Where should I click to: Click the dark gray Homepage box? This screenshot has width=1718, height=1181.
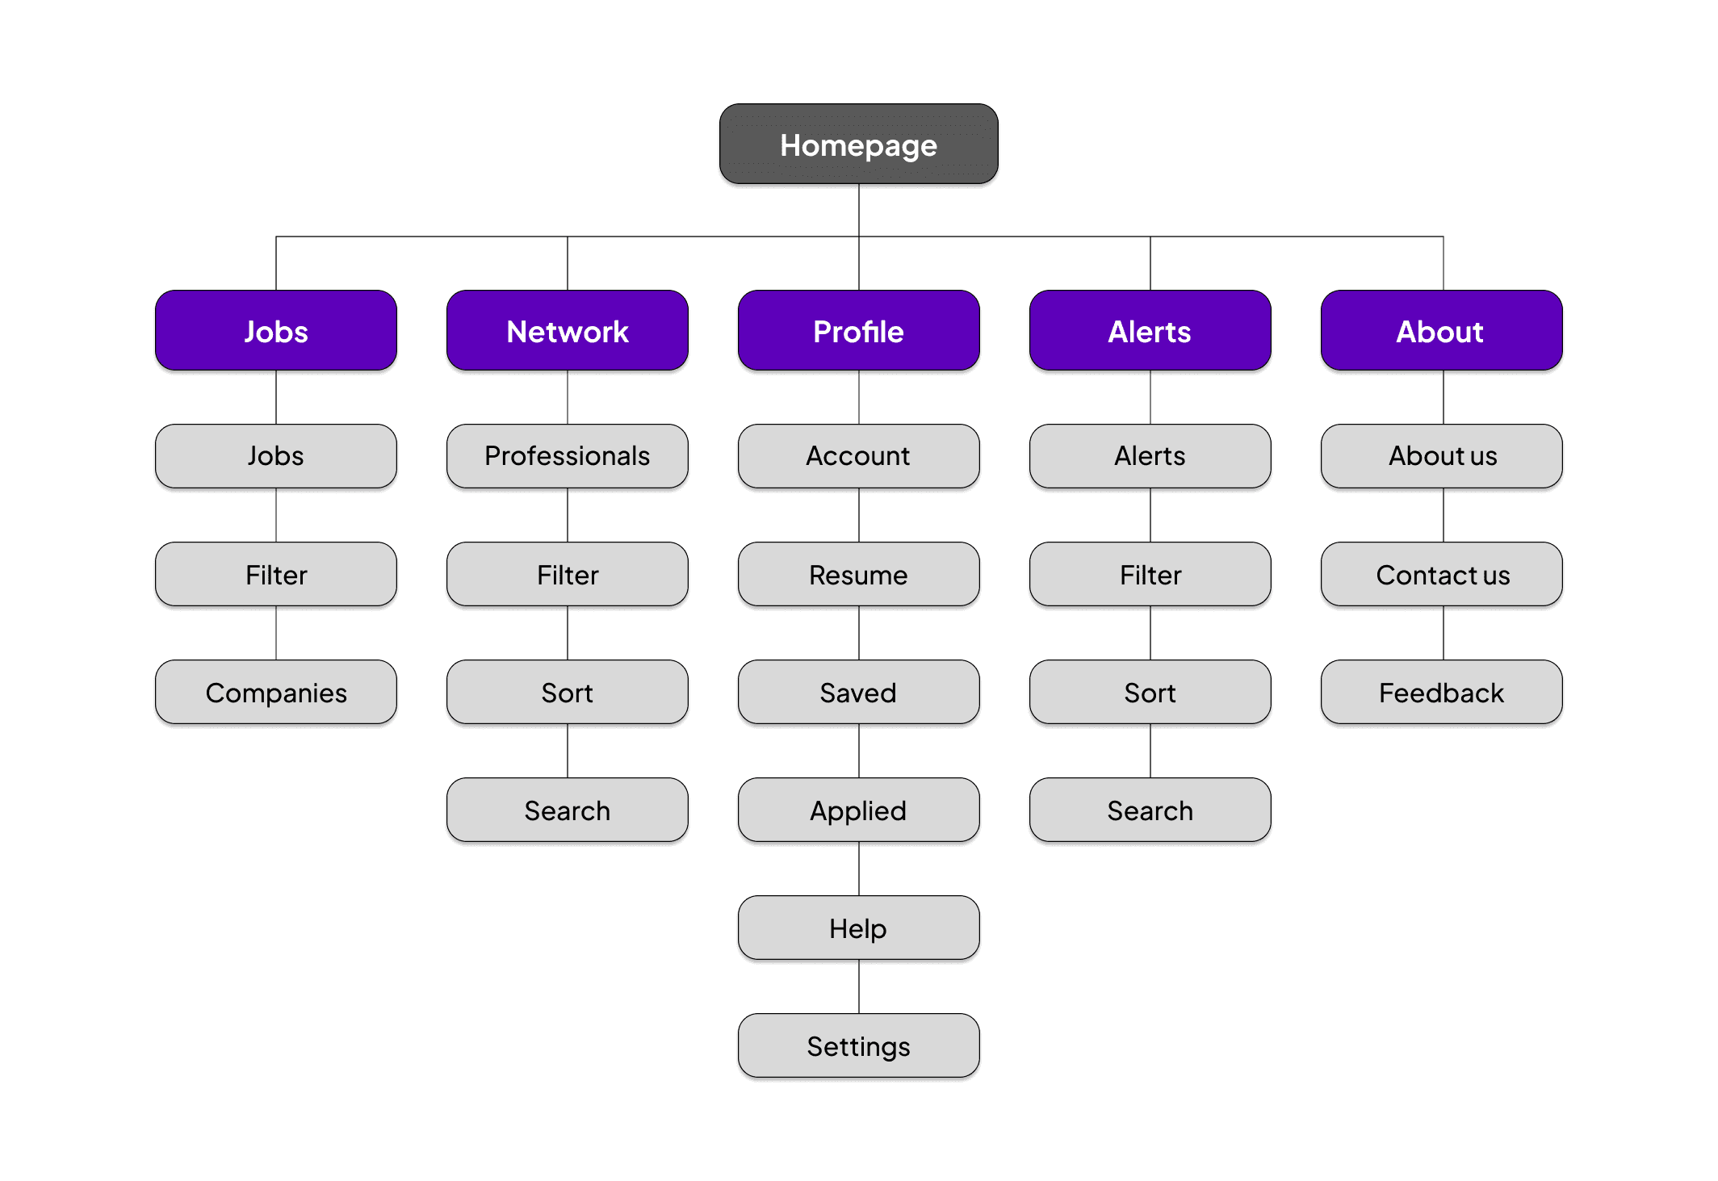[858, 144]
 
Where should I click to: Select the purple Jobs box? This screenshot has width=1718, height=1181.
[276, 331]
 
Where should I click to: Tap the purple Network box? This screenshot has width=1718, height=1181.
[568, 331]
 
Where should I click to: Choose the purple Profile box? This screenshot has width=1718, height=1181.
[858, 331]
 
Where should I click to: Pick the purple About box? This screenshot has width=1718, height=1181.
[1441, 331]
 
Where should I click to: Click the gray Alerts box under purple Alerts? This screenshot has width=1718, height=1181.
[1150, 456]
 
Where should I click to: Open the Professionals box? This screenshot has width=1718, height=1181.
[568, 456]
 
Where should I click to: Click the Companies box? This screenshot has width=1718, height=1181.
[276, 693]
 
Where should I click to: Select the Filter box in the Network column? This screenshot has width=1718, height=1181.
[568, 575]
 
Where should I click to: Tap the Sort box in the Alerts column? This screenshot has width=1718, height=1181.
[1150, 693]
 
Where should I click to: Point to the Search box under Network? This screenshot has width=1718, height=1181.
[568, 810]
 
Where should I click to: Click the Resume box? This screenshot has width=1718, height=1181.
[858, 575]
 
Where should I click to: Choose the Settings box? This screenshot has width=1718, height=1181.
[858, 1046]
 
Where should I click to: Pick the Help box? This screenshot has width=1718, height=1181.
[858, 928]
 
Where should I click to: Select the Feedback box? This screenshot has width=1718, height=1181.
[1441, 693]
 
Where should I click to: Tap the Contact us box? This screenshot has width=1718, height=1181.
[1441, 575]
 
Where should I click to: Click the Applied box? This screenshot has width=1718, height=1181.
[858, 810]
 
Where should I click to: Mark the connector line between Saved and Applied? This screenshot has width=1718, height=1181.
[859, 751]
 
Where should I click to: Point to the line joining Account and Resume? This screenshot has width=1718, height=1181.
[859, 515]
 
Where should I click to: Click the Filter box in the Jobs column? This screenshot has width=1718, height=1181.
[276, 575]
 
